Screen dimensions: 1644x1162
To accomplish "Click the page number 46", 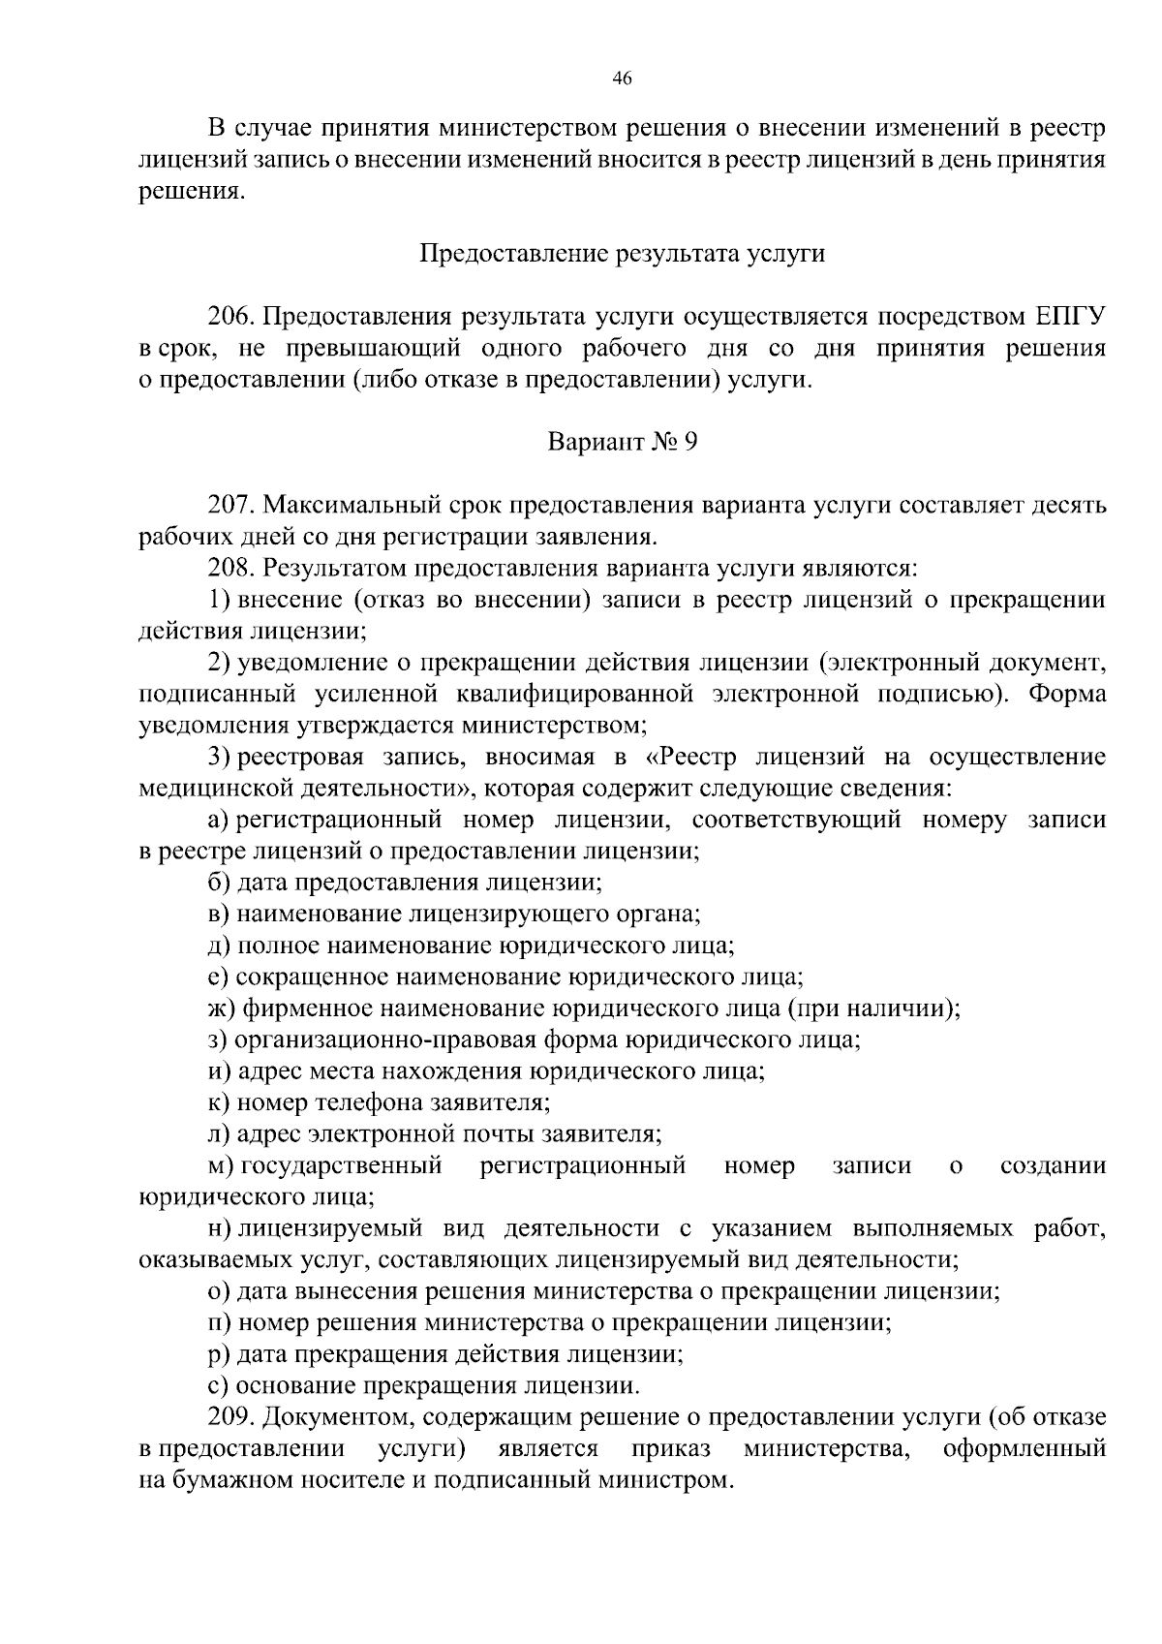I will [623, 79].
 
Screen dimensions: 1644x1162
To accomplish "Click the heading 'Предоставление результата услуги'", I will [622, 254].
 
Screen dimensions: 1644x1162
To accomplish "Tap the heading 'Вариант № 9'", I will [622, 443].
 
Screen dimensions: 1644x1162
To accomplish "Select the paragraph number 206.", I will [230, 317].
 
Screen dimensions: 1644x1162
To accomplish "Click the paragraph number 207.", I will [230, 506].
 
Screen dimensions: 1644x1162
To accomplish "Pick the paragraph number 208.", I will [230, 568].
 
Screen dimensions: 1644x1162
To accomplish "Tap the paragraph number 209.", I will [230, 1417].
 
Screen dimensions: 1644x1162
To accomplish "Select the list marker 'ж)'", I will [222, 1008].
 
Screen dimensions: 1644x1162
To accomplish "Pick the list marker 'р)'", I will [219, 1354].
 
